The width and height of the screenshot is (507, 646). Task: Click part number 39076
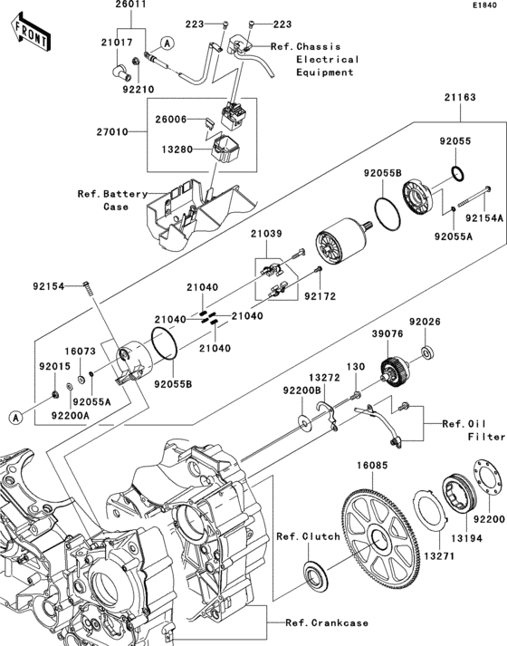click(x=386, y=333)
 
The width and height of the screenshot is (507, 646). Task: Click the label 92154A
click(x=484, y=218)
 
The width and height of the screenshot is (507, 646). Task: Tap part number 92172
click(x=319, y=296)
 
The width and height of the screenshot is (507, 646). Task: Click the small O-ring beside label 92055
click(x=457, y=173)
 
